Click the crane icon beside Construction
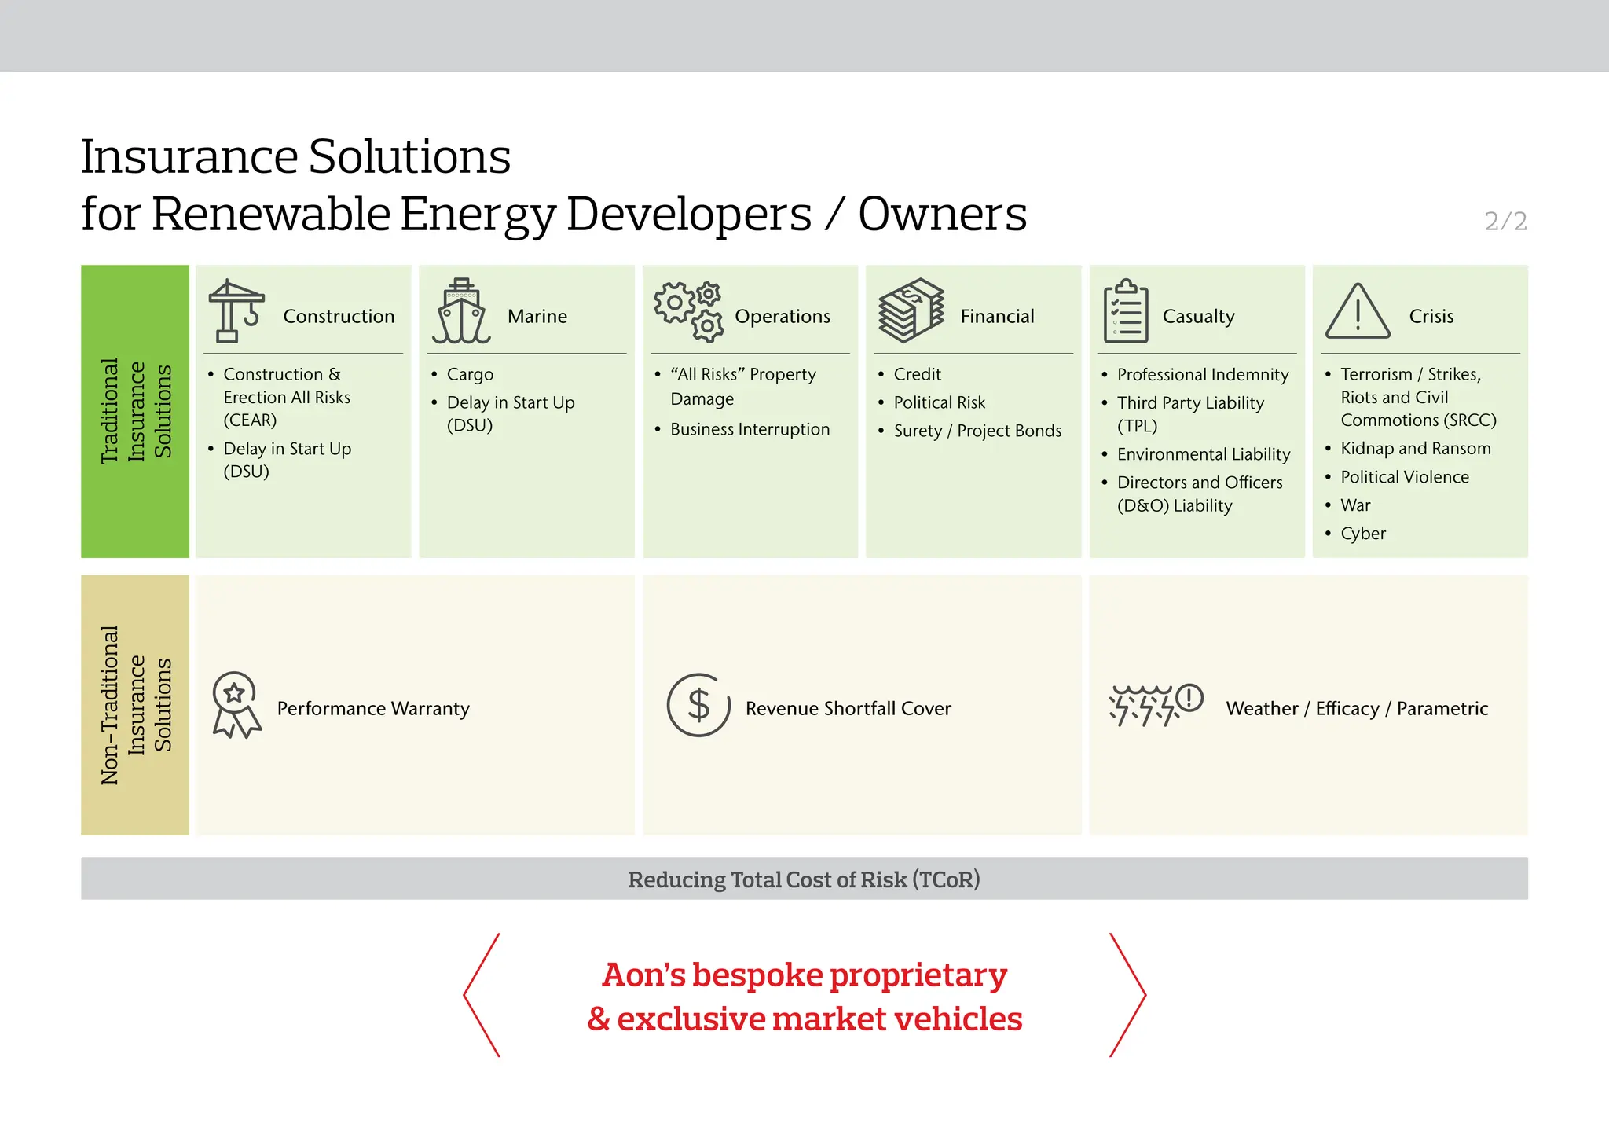click(235, 312)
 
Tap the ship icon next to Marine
click(461, 312)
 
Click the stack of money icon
click(911, 311)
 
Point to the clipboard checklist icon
click(1125, 312)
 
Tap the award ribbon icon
click(236, 705)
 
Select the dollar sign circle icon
click(698, 705)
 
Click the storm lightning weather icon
click(1155, 705)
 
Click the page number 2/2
click(1505, 222)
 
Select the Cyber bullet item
click(1362, 534)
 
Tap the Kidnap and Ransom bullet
click(1415, 449)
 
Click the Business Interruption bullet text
click(750, 430)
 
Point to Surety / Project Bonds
click(977, 431)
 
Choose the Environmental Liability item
click(1203, 455)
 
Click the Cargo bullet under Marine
click(470, 375)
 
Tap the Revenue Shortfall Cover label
click(848, 709)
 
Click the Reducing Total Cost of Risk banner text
click(804, 879)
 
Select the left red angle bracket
click(482, 995)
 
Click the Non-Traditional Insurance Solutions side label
click(135, 705)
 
